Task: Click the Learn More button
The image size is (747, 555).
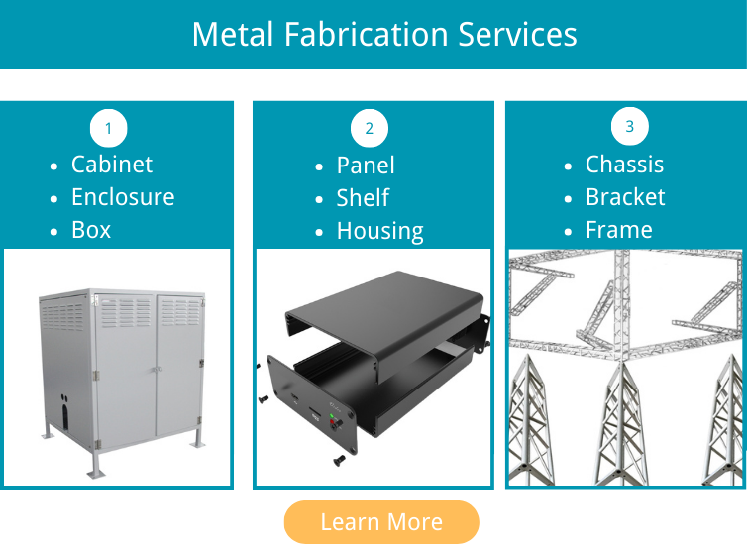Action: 381,522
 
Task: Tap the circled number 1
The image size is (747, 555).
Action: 109,128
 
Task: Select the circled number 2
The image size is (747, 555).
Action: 370,128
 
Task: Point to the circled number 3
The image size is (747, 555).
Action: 630,126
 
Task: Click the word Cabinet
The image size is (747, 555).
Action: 112,165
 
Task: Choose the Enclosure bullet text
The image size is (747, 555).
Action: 123,197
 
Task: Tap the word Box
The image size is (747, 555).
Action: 91,230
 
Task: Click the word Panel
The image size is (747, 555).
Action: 366,166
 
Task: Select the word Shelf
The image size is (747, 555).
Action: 363,198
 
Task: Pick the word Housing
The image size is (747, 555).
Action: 379,232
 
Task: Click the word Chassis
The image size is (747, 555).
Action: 624,165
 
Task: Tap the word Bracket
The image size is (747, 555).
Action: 625,197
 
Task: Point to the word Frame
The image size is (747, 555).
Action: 619,230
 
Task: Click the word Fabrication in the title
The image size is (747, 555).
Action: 367,35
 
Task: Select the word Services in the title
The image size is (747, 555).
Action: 517,35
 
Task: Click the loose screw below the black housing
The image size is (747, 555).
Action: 339,460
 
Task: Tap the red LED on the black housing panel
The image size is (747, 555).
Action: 332,421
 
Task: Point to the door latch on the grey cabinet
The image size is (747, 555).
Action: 157,370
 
